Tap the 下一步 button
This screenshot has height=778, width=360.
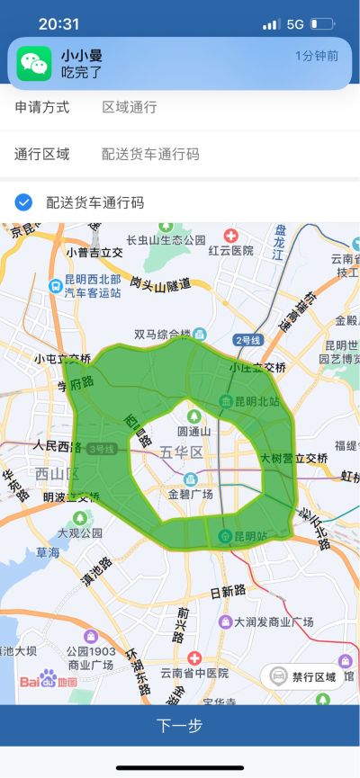pos(180,725)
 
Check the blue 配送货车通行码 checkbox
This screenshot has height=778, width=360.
pos(24,202)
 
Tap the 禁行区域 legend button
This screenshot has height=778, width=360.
pos(302,676)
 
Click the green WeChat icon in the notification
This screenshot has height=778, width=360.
pos(35,63)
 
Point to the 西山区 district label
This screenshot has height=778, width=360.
pos(58,473)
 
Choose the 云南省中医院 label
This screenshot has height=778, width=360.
pos(192,672)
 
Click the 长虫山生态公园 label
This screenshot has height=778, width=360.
pos(166,239)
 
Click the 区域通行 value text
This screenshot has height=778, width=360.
pos(130,107)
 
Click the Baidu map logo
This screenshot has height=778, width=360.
pos(49,680)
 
